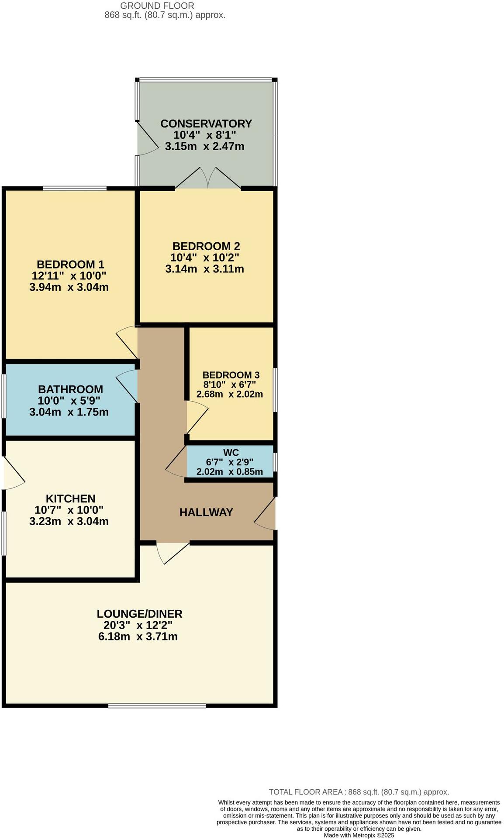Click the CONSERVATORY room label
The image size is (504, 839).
[206, 124]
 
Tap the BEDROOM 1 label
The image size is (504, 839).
[70, 264]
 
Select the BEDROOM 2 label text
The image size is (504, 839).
[206, 246]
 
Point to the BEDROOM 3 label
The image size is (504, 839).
[231, 375]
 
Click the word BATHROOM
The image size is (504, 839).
[70, 389]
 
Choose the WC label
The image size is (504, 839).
[231, 452]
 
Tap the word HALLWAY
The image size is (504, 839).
[206, 512]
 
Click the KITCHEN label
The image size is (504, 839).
[70, 499]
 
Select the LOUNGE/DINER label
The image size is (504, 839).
[139, 613]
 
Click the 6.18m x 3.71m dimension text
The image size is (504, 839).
[138, 636]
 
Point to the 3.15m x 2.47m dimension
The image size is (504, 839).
[204, 146]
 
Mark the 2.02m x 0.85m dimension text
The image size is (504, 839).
[230, 471]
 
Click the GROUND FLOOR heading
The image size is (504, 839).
[157, 6]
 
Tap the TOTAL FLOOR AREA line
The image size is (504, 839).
[359, 792]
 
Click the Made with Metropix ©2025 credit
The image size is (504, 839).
[359, 835]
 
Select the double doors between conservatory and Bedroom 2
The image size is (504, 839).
[208, 178]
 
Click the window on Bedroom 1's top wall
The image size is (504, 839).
[75, 189]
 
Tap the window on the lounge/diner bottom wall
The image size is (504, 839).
[157, 705]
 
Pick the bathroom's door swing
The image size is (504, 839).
[128, 384]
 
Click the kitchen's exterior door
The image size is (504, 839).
[13, 474]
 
